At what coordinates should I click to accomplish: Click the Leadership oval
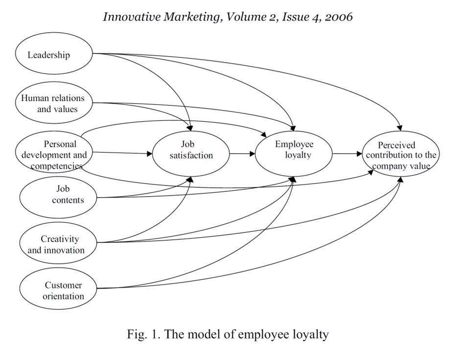tap(54, 55)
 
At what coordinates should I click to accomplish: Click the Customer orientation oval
tap(58, 291)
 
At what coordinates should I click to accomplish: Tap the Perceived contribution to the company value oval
tap(401, 155)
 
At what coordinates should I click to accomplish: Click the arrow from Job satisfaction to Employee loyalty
tap(242, 154)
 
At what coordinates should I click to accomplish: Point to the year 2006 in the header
tap(337, 17)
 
